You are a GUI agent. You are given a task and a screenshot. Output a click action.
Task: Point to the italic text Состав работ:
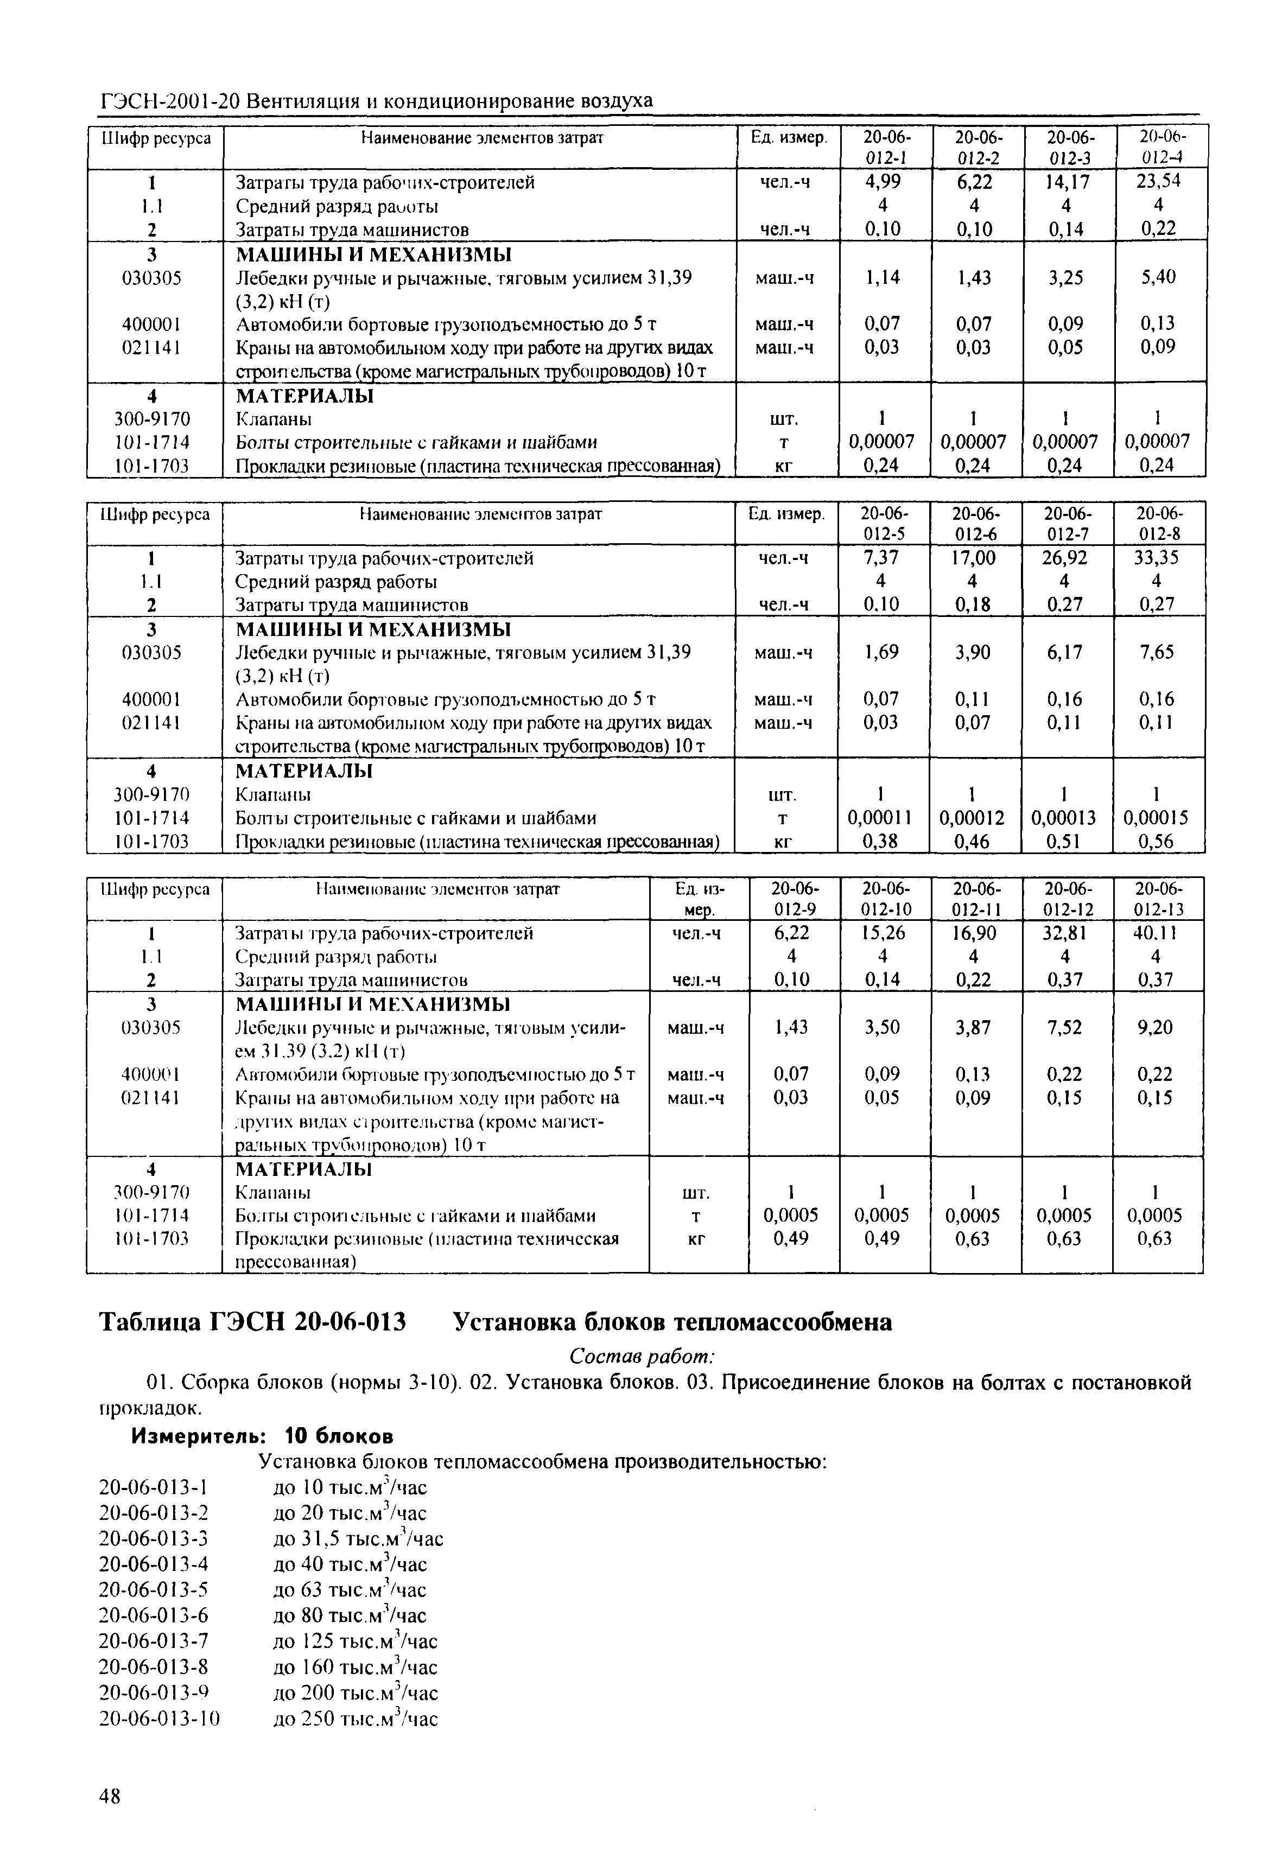pos(641,1356)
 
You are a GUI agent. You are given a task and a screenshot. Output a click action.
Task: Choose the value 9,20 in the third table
pos(1156,1027)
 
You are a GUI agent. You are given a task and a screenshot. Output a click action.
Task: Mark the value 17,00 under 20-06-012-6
pos(974,557)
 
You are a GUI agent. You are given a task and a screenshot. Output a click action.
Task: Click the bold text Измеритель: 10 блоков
pos(263,1435)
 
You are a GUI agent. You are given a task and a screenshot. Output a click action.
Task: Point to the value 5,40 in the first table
pos(1158,277)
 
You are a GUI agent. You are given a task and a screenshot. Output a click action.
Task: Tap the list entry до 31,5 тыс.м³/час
pos(358,1538)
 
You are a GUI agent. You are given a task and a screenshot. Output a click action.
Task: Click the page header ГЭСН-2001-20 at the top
pos(169,101)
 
